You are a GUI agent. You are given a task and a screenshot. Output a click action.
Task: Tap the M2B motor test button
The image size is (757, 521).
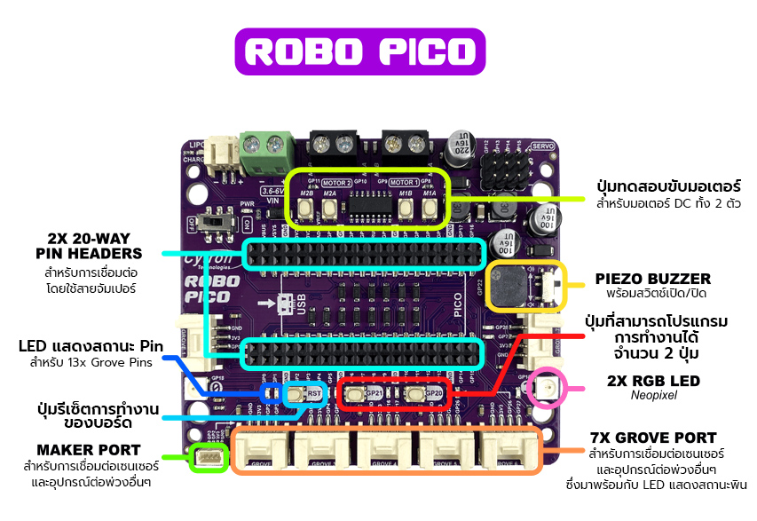[306, 208]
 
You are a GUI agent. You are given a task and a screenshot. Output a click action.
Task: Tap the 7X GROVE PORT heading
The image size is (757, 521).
[652, 438]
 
